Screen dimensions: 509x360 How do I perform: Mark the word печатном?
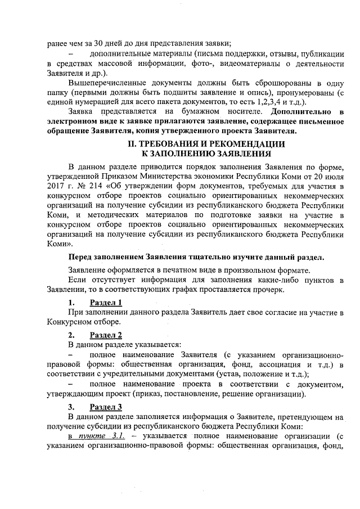tap(165, 270)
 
